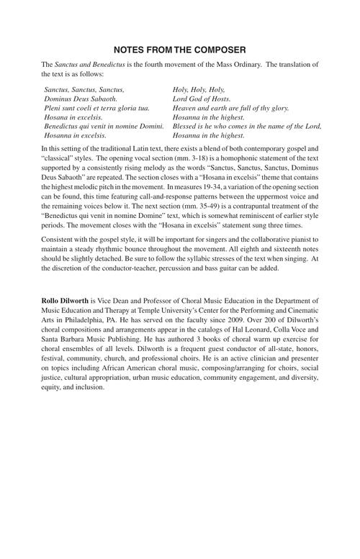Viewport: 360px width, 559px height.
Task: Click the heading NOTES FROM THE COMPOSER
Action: click(x=180, y=50)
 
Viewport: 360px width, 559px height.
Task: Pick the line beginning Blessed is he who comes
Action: click(x=247, y=126)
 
